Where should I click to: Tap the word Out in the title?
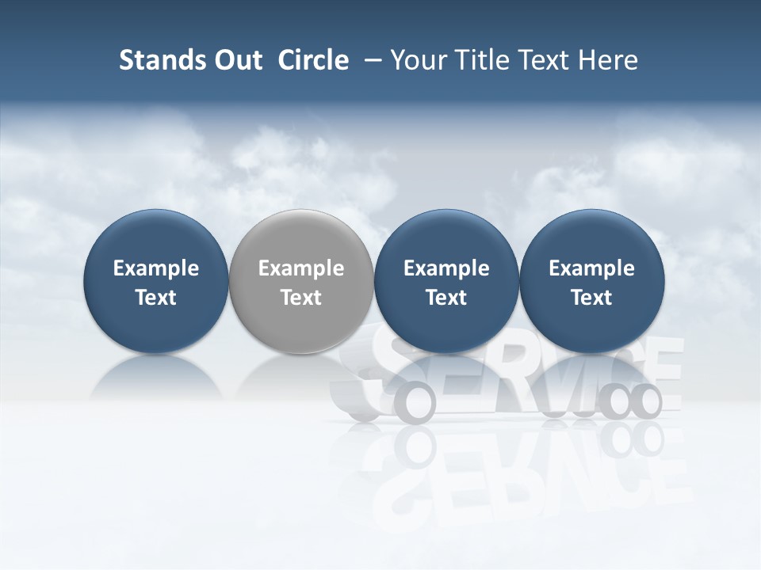tap(235, 60)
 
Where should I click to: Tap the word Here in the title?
tap(607, 60)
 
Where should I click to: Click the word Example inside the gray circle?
tap(301, 269)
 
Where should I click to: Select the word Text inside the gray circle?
tap(301, 298)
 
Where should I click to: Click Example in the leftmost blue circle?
tap(156, 269)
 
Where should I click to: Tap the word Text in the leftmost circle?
tap(156, 298)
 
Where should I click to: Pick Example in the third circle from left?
tap(446, 269)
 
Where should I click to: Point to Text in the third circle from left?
tap(446, 298)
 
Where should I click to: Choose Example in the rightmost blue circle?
tap(591, 269)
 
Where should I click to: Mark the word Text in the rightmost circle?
tap(591, 298)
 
